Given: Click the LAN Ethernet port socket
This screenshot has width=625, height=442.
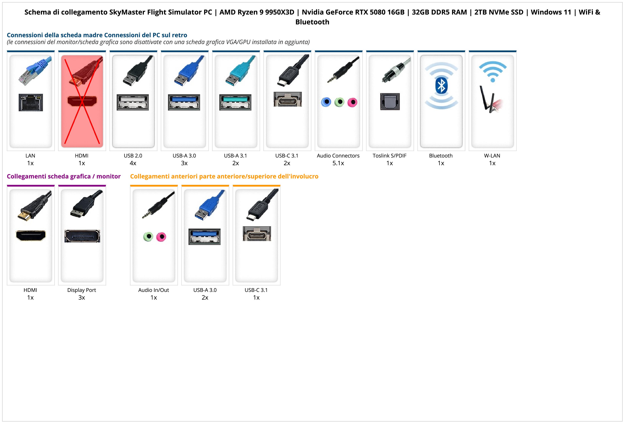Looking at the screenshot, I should pos(31,102).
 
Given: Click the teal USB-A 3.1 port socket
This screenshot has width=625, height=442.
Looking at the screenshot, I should pos(236,102).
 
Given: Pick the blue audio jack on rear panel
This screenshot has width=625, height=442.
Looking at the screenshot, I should pos(326,102).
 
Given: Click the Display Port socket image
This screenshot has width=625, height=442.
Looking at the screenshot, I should pos(82,236).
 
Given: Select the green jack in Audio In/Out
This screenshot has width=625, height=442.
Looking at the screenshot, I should pos(148,236).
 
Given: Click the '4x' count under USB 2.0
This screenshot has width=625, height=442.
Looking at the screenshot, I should pos(133,163).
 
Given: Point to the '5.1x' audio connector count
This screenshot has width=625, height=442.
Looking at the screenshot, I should pos(338,163).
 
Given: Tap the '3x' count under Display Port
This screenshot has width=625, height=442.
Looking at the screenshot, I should pos(82,297).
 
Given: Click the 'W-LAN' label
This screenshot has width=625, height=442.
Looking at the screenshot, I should pos(492,156).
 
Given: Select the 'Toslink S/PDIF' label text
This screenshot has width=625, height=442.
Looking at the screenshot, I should pos(389,156).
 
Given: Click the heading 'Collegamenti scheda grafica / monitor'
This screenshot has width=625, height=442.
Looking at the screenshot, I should pos(64,177).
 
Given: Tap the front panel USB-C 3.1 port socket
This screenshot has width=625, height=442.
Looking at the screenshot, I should pos(257,234).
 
